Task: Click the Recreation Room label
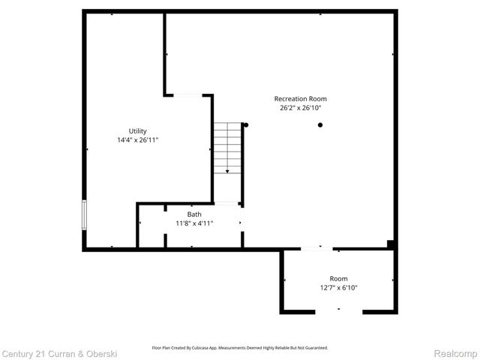point(300,98)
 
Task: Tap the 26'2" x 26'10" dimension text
point(300,108)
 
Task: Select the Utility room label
point(137,130)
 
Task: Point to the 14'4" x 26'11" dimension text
point(137,140)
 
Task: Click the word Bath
point(194,214)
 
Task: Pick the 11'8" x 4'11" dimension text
point(194,223)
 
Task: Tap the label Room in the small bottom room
point(339,278)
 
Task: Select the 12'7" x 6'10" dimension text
point(339,288)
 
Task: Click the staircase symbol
point(227,148)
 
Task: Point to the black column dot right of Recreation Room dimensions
point(320,124)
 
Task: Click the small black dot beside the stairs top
point(245,124)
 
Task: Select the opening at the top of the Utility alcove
point(187,94)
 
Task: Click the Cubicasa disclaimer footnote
point(240,348)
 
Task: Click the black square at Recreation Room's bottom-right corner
point(391,243)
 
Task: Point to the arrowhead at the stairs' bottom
point(228,172)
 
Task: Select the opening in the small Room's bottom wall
point(338,312)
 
